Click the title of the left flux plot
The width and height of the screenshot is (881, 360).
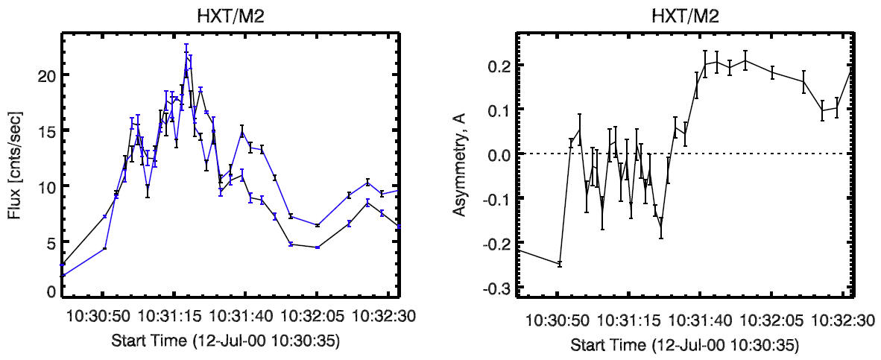point(230,16)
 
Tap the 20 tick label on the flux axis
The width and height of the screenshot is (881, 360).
point(45,75)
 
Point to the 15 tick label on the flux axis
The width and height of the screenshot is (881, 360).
point(45,131)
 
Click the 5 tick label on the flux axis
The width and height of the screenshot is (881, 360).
point(50,243)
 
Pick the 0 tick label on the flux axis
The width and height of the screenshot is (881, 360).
point(50,292)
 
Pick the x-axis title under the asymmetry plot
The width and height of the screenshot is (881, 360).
point(685,347)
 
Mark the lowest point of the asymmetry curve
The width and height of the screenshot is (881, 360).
point(559,264)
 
